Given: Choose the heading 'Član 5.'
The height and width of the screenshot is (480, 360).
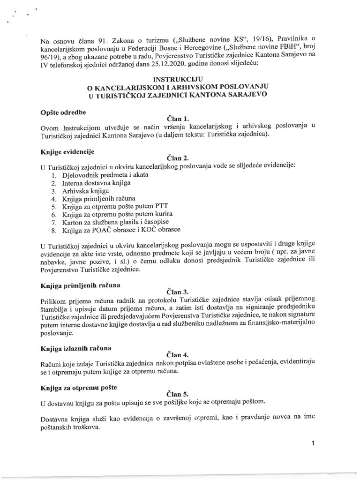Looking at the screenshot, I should click(176, 394).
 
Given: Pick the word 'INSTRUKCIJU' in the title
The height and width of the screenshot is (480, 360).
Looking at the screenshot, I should click(180, 80).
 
